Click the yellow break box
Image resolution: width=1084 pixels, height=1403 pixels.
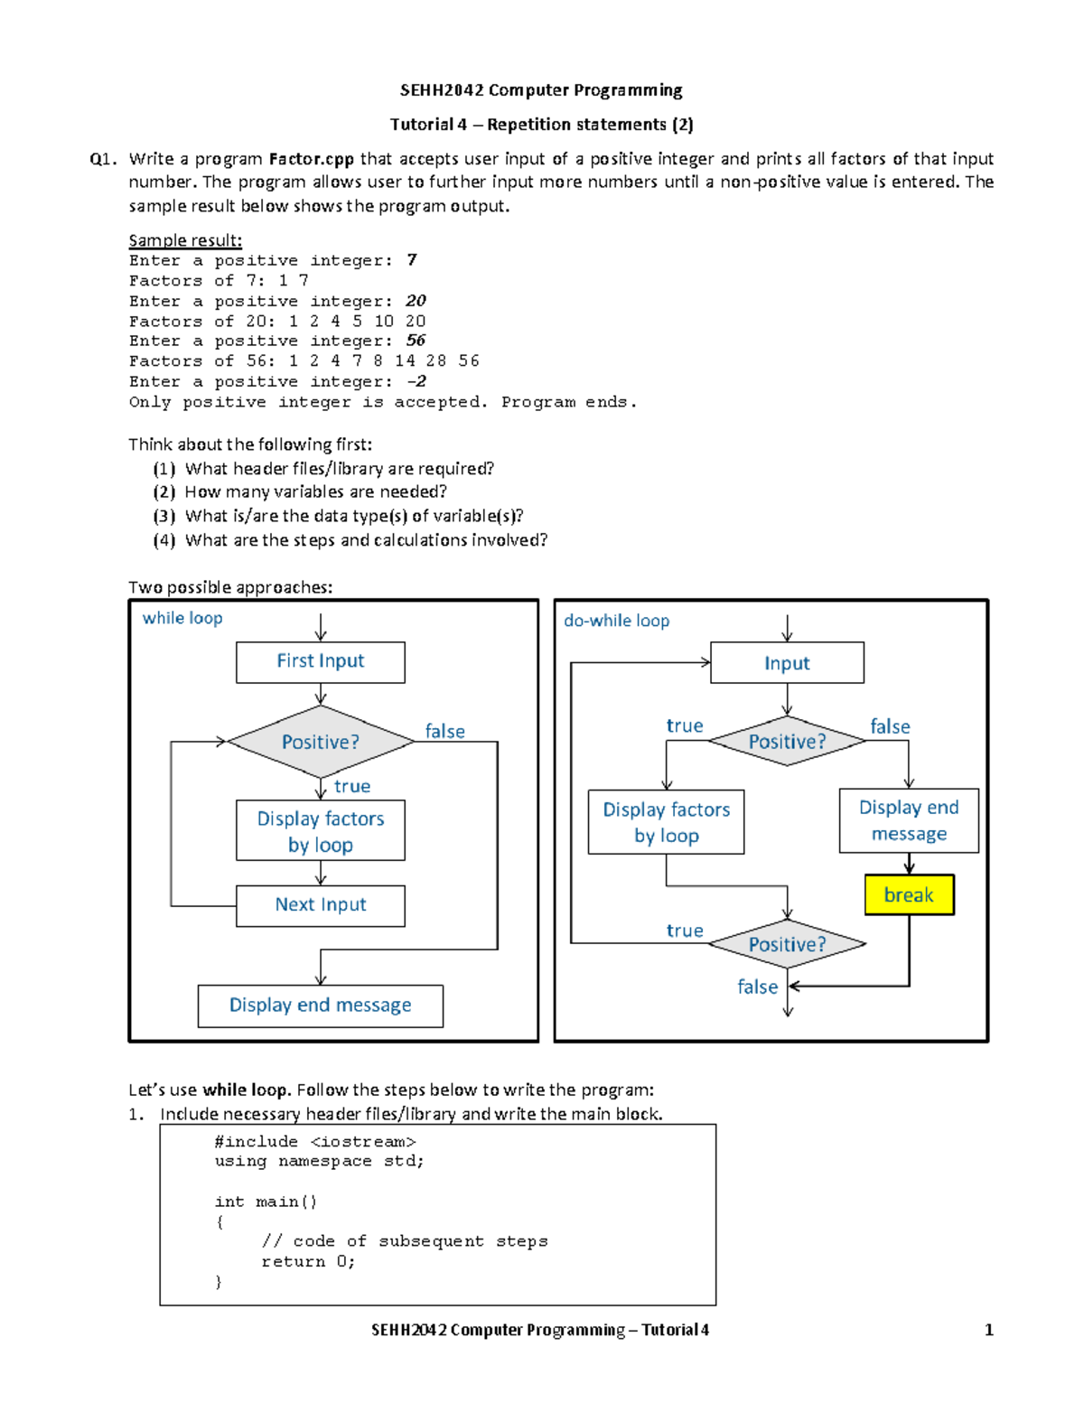tap(909, 894)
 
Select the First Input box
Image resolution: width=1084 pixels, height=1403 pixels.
tap(320, 662)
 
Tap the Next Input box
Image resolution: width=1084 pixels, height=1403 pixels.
tap(320, 905)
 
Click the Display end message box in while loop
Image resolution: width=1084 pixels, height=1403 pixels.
tap(320, 1005)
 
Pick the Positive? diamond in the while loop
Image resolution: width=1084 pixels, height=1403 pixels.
tap(320, 742)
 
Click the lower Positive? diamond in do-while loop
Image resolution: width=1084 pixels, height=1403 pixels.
tap(787, 944)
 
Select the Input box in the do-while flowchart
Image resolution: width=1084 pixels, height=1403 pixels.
tap(787, 663)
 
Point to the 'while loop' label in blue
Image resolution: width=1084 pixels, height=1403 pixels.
tap(182, 618)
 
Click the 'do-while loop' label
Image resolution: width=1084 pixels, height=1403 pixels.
tap(616, 621)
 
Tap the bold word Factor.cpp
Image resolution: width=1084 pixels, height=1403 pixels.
tap(311, 159)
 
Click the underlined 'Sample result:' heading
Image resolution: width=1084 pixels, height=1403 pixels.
tap(185, 240)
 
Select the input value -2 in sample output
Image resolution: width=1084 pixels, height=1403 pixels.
tap(416, 381)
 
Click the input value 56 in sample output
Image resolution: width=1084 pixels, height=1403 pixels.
tap(416, 341)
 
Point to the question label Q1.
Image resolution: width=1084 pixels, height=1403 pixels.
tap(103, 160)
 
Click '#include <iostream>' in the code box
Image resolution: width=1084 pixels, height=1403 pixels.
tap(314, 1142)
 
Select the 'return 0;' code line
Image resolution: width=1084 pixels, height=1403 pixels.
tap(308, 1261)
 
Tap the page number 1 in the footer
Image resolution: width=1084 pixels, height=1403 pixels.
tap(988, 1330)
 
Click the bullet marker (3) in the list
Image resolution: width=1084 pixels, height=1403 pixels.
tap(164, 516)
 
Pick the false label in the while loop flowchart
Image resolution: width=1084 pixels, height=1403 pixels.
tap(444, 731)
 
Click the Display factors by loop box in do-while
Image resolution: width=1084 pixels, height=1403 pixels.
tap(666, 822)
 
